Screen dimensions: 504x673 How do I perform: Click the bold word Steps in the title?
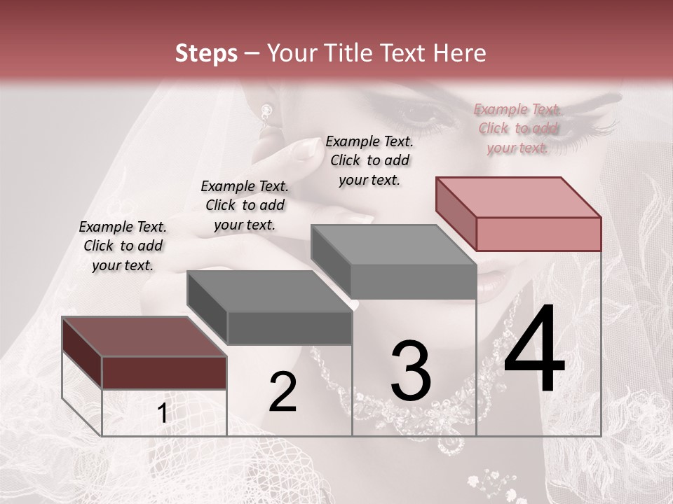click(206, 53)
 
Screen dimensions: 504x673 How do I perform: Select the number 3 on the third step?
click(411, 371)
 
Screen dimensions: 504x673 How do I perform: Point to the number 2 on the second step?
click(283, 392)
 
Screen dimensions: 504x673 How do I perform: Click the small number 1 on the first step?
click(163, 414)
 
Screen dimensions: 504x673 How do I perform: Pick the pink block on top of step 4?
click(519, 213)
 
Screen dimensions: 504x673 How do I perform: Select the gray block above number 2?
click(270, 308)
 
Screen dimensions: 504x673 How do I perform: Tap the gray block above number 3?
click(394, 262)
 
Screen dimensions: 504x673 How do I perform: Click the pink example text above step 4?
click(517, 128)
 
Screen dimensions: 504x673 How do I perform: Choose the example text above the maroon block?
click(123, 246)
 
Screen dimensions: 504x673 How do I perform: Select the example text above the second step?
click(245, 205)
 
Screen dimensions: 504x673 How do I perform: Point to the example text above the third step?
click(369, 160)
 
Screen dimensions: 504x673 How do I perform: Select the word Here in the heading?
click(461, 53)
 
